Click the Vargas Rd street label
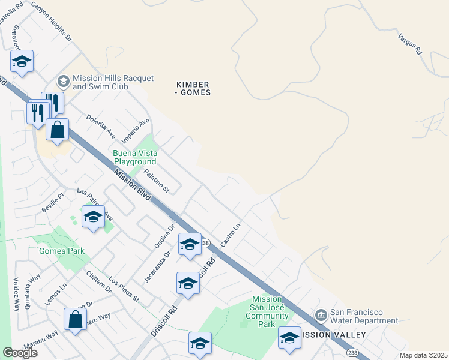tap(411, 44)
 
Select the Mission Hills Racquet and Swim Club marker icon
tap(63, 81)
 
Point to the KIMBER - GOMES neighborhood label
tap(193, 88)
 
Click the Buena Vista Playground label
tap(135, 157)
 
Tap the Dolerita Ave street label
tap(101, 125)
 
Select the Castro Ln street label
tap(231, 234)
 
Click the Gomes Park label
tap(62, 251)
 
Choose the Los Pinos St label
tap(124, 289)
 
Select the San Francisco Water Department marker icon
tap(320, 315)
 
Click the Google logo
tap(20, 353)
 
